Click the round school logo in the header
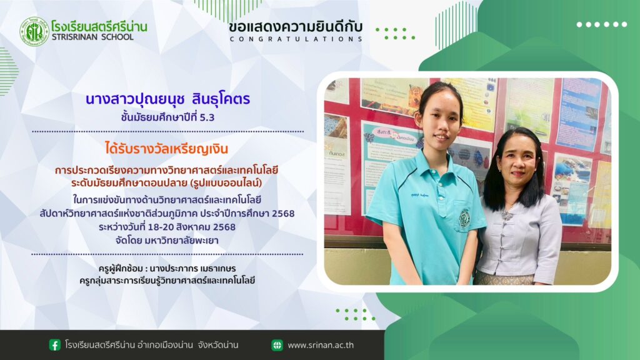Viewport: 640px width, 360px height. (x=34, y=31)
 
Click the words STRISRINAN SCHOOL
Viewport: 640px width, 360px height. (x=92, y=37)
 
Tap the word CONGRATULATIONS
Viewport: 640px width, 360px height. (x=296, y=39)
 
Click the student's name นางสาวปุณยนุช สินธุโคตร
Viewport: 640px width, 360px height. (x=167, y=99)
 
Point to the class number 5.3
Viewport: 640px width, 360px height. (x=207, y=117)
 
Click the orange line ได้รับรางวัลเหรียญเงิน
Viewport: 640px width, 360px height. (x=166, y=149)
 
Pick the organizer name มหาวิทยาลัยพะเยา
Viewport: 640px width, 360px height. (x=182, y=241)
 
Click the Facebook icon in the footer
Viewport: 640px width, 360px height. (x=55, y=345)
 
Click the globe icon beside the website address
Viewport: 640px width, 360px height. (x=277, y=345)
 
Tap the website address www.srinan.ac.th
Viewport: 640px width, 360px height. (x=321, y=345)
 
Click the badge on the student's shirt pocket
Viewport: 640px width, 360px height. (x=464, y=217)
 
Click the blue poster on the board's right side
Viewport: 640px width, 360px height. (x=577, y=114)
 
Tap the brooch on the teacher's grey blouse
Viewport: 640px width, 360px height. (x=507, y=215)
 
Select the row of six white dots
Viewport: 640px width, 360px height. (x=601, y=24)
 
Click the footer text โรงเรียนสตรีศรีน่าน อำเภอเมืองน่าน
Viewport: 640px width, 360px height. (x=129, y=345)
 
